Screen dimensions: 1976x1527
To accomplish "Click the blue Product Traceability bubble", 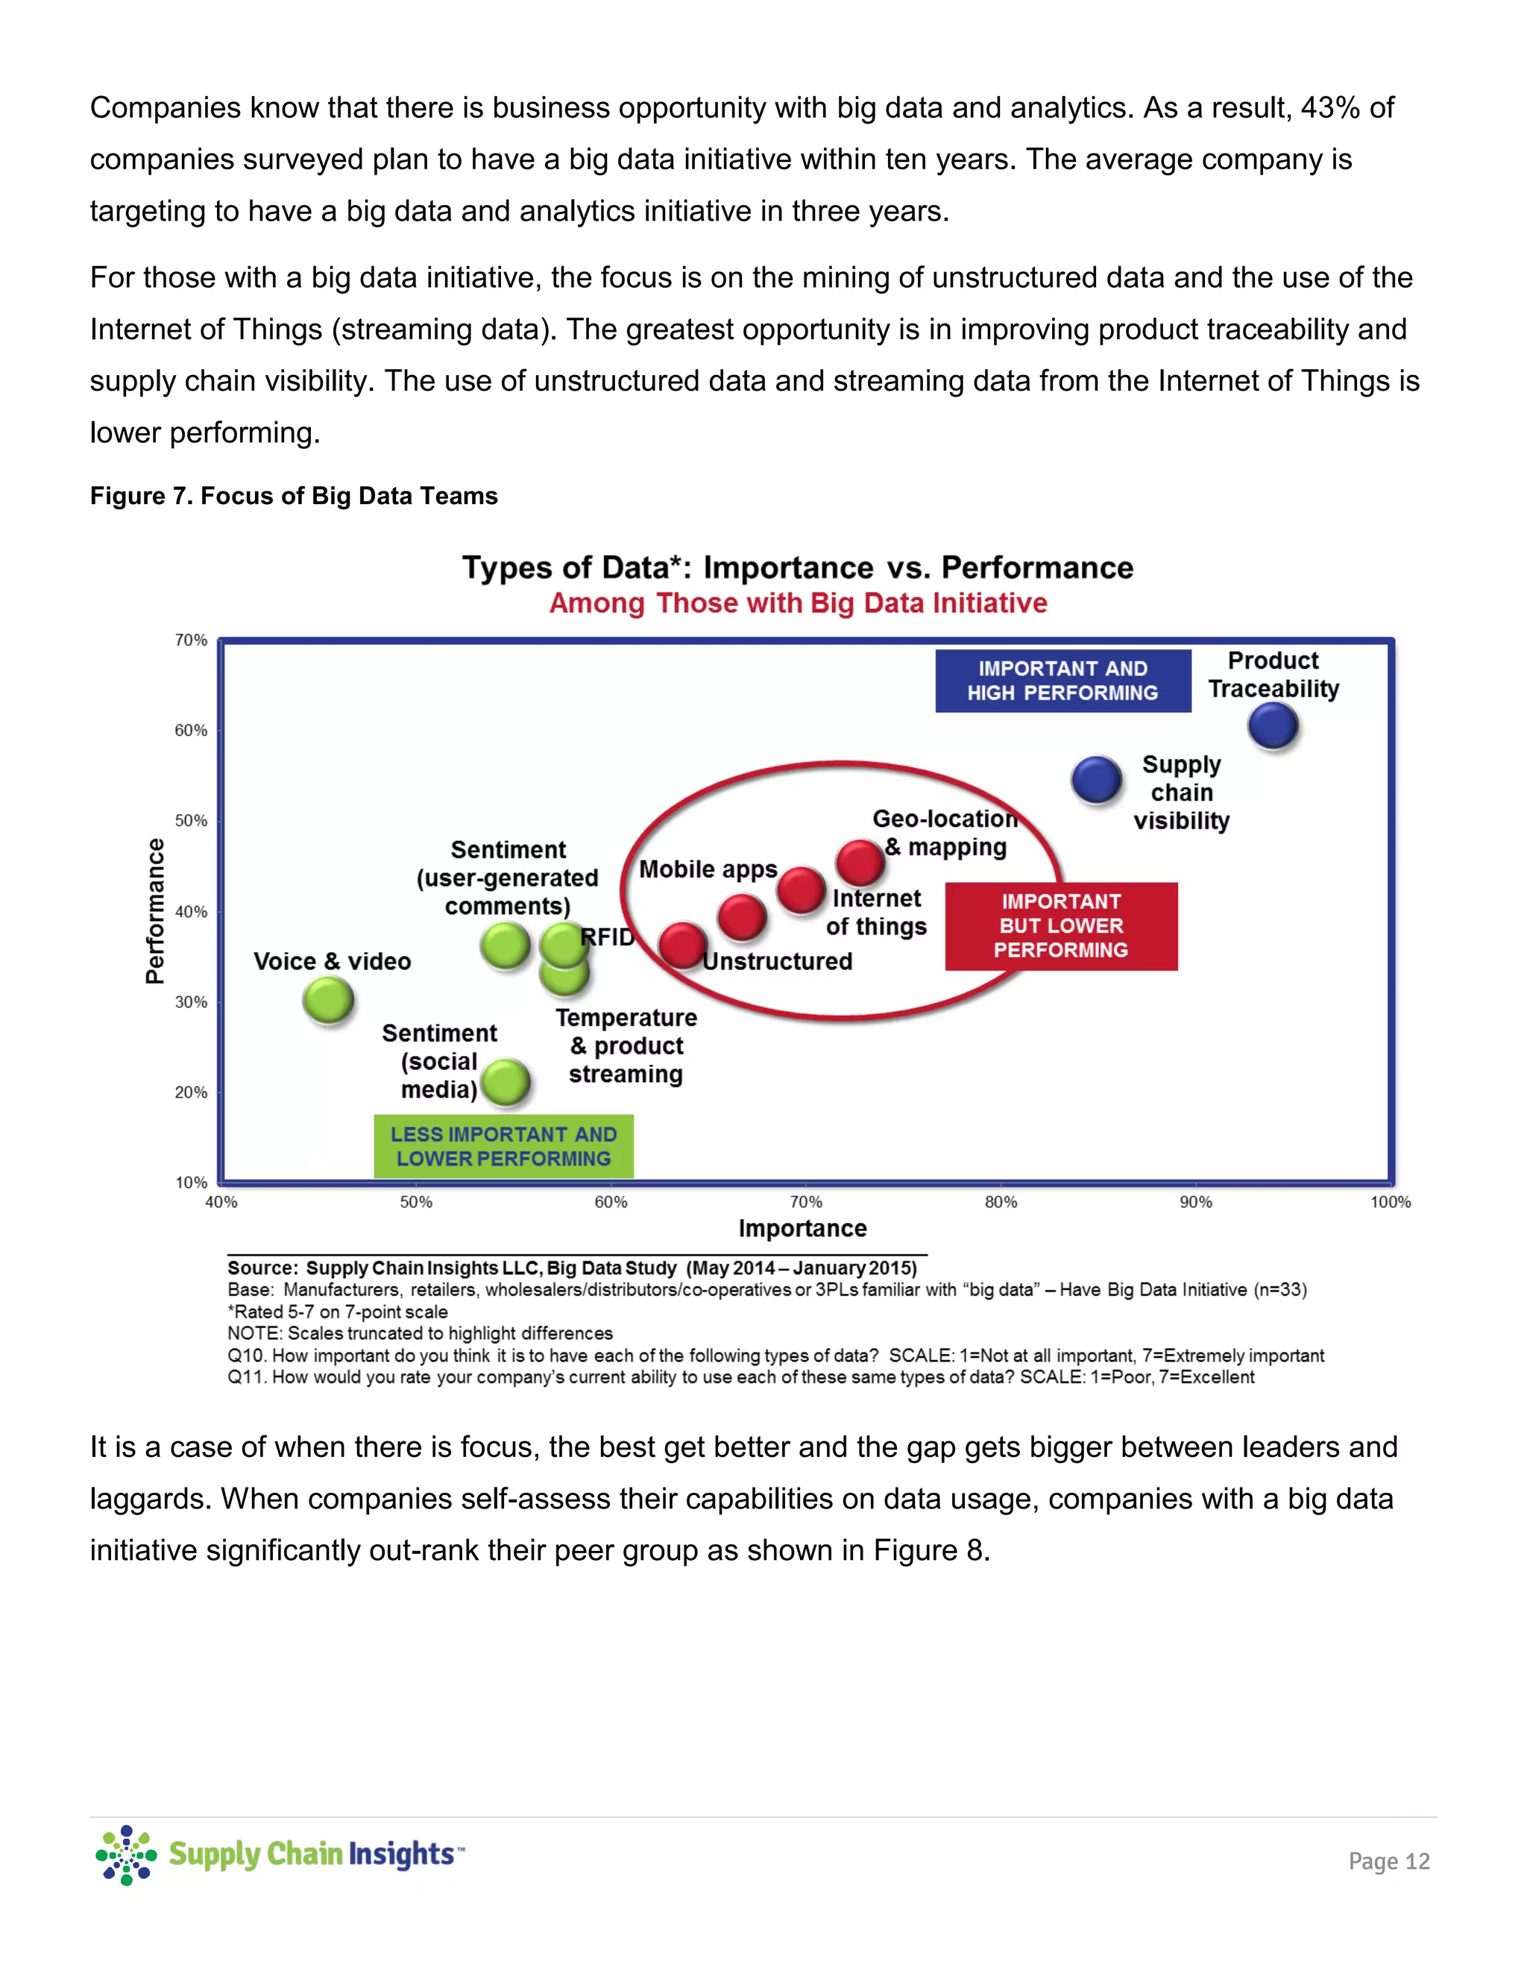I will [1273, 726].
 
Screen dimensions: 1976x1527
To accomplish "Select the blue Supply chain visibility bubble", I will [1096, 780].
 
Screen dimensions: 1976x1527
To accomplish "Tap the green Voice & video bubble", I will [327, 1001].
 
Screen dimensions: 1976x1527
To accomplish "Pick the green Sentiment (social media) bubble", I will [505, 1082].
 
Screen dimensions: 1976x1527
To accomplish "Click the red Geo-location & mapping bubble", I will [860, 862].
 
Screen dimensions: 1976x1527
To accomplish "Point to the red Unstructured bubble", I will [682, 945].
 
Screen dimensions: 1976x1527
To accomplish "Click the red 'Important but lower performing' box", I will [1060, 925].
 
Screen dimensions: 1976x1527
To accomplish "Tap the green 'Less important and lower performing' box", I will [503, 1146].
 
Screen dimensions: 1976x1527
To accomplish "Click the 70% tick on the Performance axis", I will [191, 641].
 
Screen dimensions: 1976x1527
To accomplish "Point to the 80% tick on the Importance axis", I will [1001, 1201].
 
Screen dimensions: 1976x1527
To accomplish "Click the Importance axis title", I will [802, 1228].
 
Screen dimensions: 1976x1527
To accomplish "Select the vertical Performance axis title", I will [156, 910].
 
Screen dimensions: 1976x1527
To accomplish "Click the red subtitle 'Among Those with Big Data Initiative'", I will [798, 602].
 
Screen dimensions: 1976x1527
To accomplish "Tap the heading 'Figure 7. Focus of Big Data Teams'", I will [293, 496].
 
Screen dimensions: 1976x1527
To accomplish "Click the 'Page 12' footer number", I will [1388, 1860].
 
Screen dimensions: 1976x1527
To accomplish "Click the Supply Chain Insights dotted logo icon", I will [126, 1854].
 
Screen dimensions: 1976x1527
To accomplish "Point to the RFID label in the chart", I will [607, 937].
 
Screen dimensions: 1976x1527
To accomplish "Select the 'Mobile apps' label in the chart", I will [708, 869].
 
